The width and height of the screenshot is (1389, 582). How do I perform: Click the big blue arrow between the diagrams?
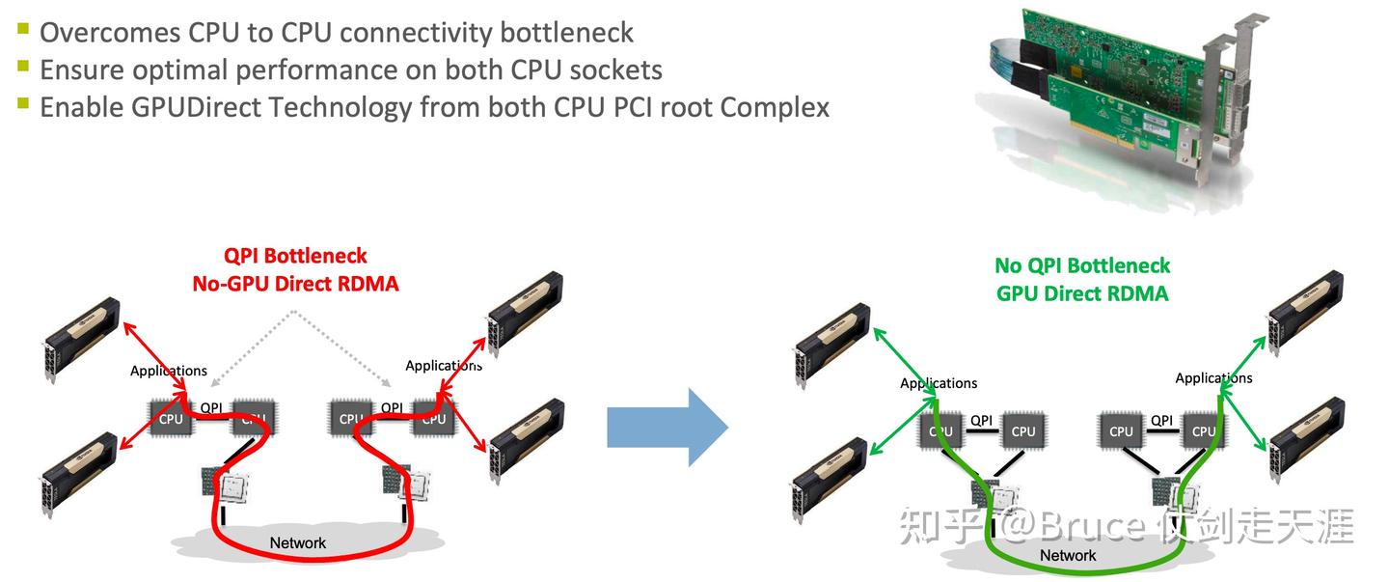666,426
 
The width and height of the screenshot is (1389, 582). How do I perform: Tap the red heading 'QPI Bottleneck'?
295,256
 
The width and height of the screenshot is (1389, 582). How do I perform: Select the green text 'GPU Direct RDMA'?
1082,293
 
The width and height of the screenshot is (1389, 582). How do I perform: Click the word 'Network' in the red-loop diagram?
297,542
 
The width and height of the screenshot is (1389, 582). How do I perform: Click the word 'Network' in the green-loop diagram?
1068,555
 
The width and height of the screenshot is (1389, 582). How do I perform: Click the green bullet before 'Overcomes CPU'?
22,31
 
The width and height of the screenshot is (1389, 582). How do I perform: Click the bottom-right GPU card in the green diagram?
1305,439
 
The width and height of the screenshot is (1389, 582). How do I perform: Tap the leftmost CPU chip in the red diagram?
171,417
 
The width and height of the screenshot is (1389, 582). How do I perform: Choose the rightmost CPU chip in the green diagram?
1204,430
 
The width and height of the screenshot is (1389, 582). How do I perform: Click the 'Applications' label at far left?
169,371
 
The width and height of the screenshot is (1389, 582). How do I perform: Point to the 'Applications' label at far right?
1213,378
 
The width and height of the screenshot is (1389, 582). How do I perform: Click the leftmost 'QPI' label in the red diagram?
212,407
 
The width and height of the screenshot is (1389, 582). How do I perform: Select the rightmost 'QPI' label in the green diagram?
1162,420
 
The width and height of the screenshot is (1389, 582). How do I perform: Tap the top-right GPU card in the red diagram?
524,314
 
